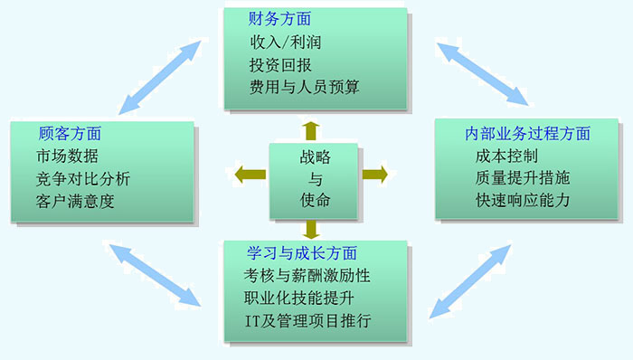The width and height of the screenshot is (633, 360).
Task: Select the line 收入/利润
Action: point(286,42)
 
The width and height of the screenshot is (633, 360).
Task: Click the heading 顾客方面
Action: point(70,133)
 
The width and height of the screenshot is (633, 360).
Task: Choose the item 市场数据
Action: point(68,155)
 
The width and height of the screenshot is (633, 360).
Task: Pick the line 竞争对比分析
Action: point(84,177)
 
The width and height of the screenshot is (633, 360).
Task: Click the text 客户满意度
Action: point(76,200)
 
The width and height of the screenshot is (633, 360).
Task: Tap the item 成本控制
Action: point(505,155)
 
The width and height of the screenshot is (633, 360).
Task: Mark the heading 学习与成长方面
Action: point(301,252)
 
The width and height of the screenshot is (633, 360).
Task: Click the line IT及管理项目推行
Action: point(307,321)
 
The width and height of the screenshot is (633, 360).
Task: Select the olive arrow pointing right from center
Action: point(374,174)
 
